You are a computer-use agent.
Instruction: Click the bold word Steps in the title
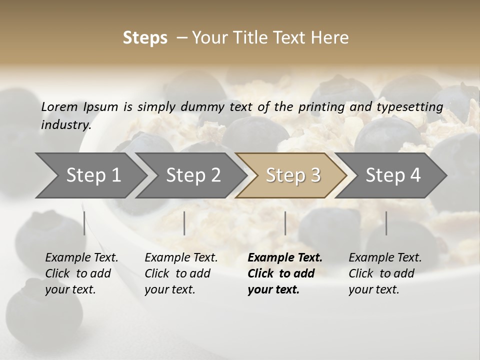point(145,38)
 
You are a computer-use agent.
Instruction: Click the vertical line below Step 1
point(84,223)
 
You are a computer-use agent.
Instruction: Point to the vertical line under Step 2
point(184,223)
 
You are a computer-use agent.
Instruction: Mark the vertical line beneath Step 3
point(285,223)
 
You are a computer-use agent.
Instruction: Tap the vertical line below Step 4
point(386,223)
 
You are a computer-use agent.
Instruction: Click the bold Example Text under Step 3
point(285,258)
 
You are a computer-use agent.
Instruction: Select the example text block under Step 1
point(81,273)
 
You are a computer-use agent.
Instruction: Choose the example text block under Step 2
point(181,273)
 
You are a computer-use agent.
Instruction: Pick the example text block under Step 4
point(385,273)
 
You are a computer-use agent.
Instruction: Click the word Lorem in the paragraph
point(59,106)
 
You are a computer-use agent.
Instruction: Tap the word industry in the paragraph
point(65,125)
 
